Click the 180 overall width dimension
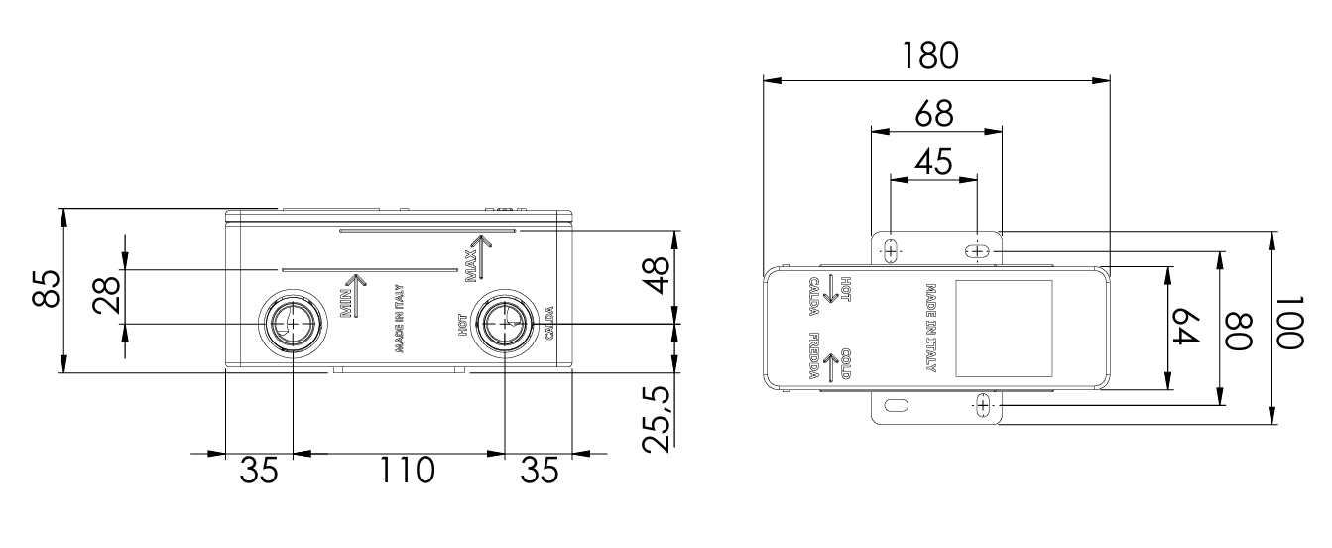931,56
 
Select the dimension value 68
933,112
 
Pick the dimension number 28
107,296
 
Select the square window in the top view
1003,328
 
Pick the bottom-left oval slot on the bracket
896,405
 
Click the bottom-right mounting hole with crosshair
983,405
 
